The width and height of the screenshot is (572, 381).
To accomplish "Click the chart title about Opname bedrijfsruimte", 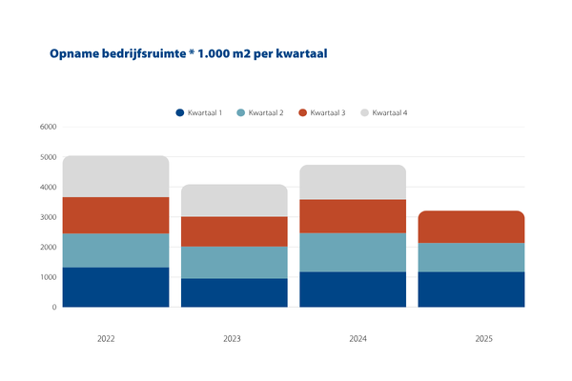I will tap(188, 54).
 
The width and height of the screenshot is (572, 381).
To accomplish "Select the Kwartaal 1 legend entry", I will tap(199, 113).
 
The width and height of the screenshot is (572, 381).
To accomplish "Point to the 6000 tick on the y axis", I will tap(48, 128).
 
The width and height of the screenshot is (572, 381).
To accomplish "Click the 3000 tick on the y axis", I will tap(48, 217).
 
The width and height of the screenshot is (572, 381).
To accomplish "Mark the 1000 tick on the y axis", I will tap(48, 277).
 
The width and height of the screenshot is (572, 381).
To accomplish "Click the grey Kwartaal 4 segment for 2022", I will tap(116, 176).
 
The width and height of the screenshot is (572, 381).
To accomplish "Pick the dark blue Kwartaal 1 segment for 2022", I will tap(116, 287).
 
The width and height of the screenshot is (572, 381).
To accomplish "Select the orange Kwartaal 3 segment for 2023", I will tap(235, 231).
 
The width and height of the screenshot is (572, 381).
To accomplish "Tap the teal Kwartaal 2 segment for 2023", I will tap(235, 263).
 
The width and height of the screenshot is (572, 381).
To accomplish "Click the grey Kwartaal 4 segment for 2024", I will tap(353, 182).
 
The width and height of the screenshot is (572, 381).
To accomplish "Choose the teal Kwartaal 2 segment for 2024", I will tap(353, 252).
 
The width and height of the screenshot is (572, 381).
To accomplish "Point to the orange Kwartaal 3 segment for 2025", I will tap(471, 227).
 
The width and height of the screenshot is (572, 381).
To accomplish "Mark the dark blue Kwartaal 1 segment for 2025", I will tap(471, 290).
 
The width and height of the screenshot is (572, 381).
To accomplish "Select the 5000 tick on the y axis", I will tap(48, 157).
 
